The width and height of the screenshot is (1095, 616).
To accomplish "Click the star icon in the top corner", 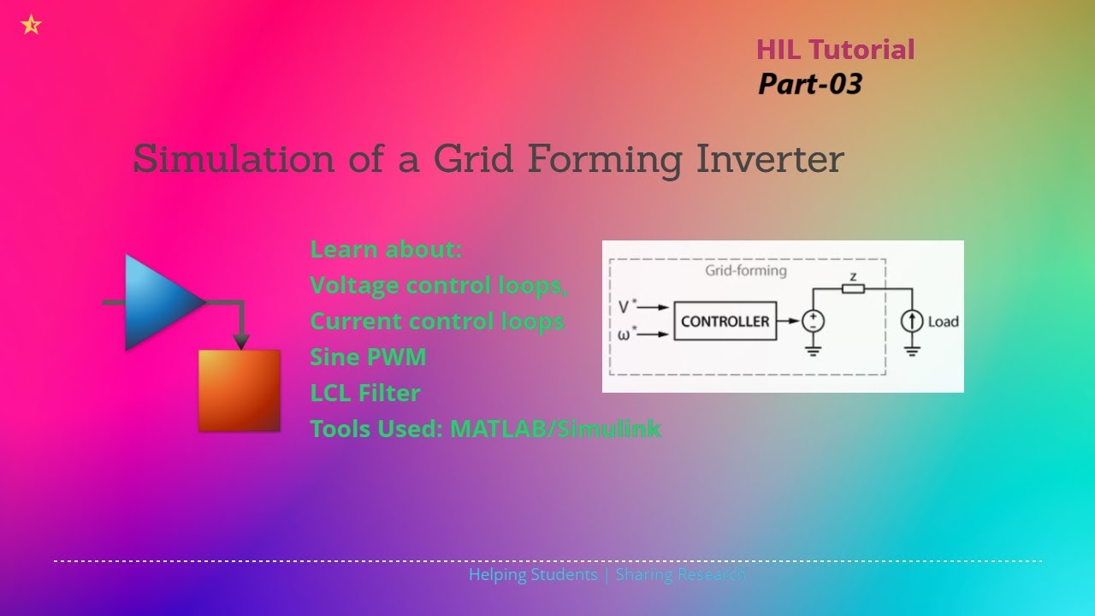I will point(31,25).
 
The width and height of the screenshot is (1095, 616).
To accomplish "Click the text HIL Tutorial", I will point(835,50).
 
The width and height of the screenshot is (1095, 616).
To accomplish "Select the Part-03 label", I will point(809,84).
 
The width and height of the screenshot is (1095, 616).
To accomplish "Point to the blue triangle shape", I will point(158,302).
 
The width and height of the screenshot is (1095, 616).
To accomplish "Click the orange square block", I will point(240,390).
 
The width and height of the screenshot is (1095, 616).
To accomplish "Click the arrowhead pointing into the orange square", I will point(241,341).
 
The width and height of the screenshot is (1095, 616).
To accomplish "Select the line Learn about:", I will point(386,249).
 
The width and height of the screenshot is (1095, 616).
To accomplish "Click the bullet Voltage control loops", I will point(438,285).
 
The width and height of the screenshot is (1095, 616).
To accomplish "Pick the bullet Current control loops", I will point(436,321).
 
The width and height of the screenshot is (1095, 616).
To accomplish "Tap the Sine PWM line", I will point(368,357).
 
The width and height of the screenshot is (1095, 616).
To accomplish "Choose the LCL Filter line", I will point(365,393).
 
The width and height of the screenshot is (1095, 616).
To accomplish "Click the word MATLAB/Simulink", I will point(555,429).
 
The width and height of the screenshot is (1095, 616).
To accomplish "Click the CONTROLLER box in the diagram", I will point(725,322).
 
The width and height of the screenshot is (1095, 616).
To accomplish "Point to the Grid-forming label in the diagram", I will point(745,271).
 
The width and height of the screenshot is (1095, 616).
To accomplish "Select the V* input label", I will point(627,305).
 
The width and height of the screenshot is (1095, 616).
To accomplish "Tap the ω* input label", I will point(627,335).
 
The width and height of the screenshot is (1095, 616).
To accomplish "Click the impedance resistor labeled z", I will point(852,288).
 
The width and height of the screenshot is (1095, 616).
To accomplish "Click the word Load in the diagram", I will point(943,322).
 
